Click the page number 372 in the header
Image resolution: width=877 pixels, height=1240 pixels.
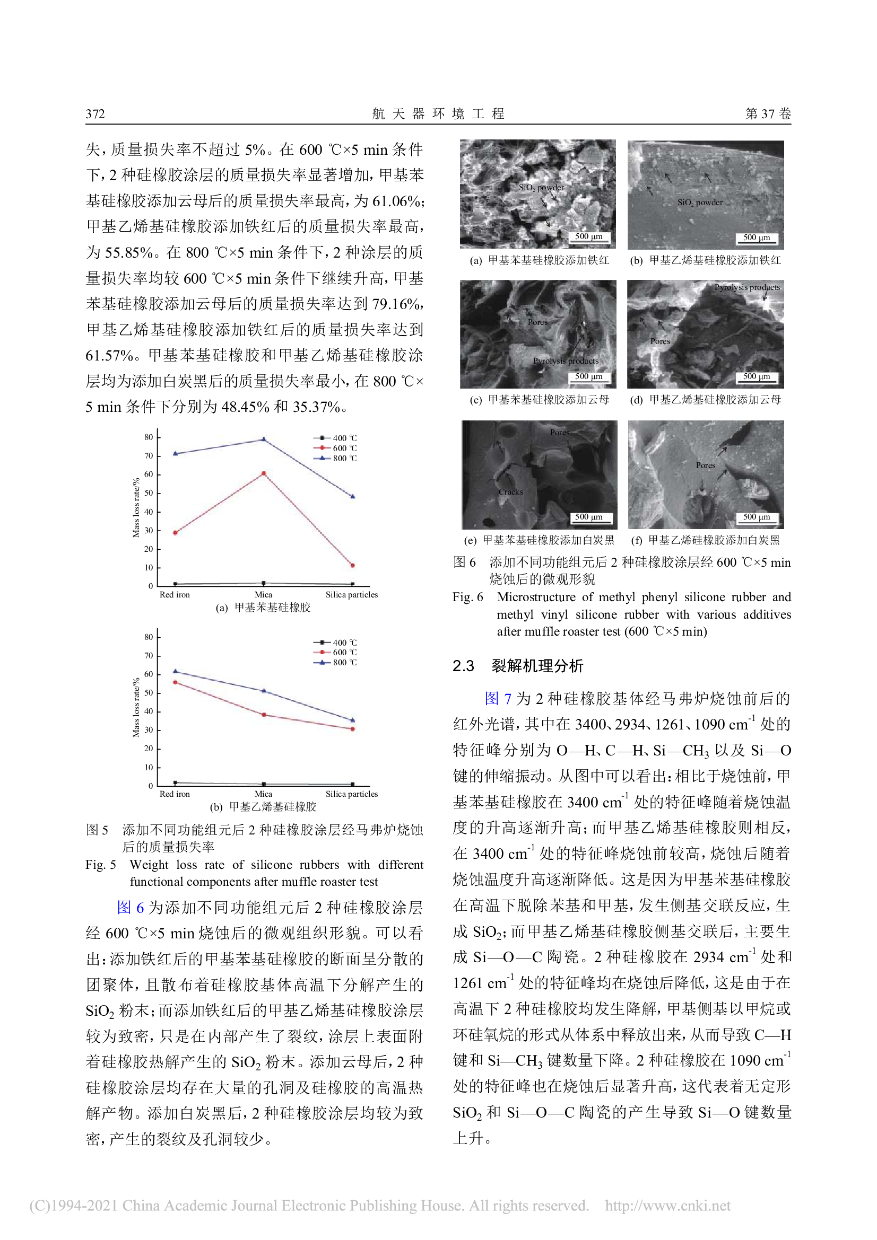pos(95,114)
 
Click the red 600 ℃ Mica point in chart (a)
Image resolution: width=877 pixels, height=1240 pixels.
pos(264,473)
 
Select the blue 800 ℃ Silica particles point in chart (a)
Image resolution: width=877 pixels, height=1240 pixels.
pos(353,496)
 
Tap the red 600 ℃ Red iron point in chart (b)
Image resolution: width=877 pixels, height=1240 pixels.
pos(175,682)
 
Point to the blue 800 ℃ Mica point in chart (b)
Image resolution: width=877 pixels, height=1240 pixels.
pos(264,691)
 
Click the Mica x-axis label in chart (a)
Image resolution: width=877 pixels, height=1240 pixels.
pos(263,595)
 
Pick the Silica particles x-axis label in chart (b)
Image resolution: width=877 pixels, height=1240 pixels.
pos(351,794)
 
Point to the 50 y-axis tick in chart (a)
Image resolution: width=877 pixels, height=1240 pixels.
pos(149,493)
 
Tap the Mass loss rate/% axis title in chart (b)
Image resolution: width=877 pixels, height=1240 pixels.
pos(136,707)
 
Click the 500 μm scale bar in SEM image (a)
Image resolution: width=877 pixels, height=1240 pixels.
pos(588,237)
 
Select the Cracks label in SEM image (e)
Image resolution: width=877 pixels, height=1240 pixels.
pos(510,492)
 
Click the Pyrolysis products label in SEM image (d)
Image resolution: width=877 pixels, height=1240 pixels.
pos(747,287)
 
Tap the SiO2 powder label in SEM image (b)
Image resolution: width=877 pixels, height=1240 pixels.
pos(700,203)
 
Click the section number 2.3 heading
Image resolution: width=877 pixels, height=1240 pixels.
pos(463,666)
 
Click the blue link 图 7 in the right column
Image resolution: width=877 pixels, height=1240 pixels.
pos(498,699)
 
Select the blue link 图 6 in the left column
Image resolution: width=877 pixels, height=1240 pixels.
pos(130,907)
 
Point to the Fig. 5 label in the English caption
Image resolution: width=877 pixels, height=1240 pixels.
pos(100,865)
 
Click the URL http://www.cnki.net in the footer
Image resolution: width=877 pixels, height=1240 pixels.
pos(667,1206)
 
